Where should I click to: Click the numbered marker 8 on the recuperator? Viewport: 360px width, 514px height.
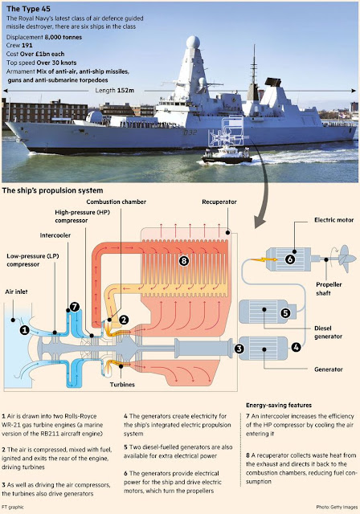click(184, 260)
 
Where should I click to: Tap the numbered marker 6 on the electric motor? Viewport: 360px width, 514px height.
click(290, 259)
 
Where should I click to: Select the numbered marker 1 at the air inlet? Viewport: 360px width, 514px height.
click(24, 330)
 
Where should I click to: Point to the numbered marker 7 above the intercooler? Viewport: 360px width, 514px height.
click(75, 307)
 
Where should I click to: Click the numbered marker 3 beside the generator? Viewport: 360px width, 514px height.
click(239, 349)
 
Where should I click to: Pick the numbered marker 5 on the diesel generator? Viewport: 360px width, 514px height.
click(285, 312)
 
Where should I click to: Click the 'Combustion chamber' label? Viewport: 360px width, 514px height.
click(116, 202)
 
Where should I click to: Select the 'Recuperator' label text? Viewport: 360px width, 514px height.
click(219, 202)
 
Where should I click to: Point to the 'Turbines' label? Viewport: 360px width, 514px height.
click(122, 384)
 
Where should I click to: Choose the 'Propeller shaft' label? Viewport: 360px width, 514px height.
click(329, 288)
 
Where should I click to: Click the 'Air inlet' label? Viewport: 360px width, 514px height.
click(16, 292)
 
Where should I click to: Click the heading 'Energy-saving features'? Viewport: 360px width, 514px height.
click(279, 405)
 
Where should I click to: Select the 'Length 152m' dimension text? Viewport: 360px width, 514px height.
click(114, 90)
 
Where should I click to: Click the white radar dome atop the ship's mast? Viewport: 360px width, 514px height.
click(193, 42)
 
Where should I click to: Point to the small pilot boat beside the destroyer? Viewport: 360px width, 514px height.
click(227, 155)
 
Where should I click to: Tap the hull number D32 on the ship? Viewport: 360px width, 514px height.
click(190, 133)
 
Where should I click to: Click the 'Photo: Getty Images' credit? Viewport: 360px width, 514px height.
click(337, 507)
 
